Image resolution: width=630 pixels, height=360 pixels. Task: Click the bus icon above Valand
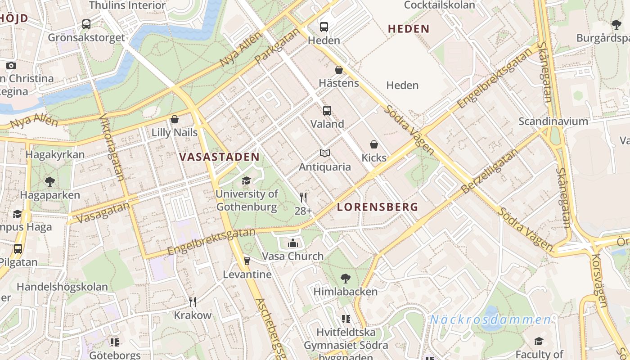click(327, 110)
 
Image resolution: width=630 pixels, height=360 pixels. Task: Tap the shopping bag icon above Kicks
click(373, 144)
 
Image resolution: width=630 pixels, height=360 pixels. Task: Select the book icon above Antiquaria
click(325, 153)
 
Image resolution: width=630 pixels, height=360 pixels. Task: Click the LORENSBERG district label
click(378, 207)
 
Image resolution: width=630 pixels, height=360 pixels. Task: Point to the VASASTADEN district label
click(219, 157)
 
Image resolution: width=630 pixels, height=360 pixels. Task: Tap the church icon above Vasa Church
click(293, 243)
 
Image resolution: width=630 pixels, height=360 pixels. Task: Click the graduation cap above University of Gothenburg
click(246, 181)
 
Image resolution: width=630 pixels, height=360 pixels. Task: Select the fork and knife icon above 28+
click(303, 197)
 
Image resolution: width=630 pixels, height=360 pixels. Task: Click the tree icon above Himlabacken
click(346, 279)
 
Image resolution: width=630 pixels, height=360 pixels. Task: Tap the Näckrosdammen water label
click(490, 320)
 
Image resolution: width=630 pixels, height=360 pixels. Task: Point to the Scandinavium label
click(553, 121)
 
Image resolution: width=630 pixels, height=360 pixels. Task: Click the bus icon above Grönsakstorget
click(86, 24)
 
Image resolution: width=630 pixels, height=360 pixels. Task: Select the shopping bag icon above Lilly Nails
click(175, 119)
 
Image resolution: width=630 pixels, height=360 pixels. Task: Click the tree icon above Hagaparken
click(50, 182)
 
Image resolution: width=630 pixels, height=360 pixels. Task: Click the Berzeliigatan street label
click(489, 171)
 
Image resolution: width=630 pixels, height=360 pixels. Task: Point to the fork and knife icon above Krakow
click(193, 301)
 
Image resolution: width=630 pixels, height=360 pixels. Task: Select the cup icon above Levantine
click(247, 261)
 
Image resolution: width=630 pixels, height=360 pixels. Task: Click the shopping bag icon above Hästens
click(339, 70)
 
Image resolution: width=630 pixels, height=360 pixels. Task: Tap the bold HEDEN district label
click(409, 29)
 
